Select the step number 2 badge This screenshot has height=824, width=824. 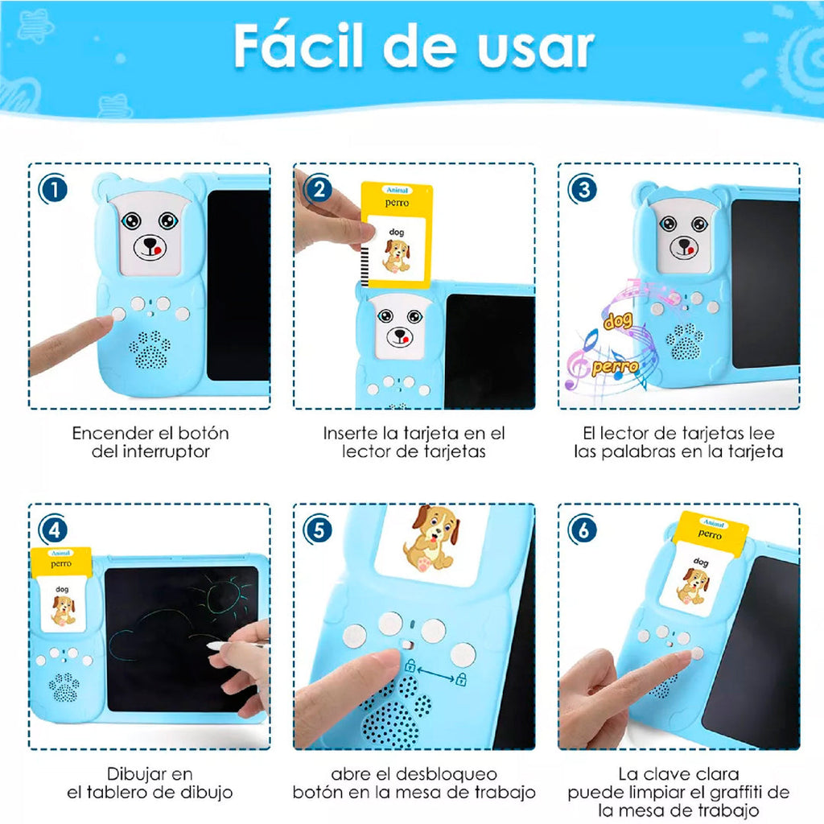pyautogui.click(x=319, y=190)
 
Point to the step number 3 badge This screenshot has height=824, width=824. pyautogui.click(x=583, y=190)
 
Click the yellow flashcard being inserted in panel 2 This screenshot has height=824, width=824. pyautogui.click(x=397, y=233)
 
